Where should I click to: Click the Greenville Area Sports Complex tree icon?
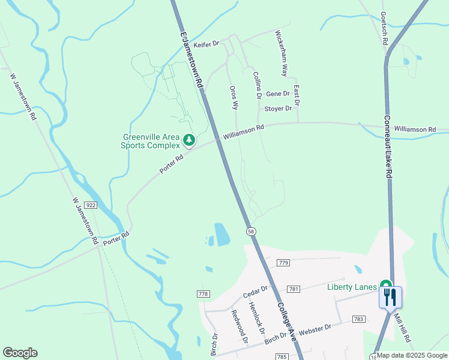189,140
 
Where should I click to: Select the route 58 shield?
250,231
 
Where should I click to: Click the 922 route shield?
91,205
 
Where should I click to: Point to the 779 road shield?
283,263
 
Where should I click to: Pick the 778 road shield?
203,293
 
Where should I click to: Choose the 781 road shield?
294,289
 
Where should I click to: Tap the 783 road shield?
358,319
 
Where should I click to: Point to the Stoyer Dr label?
278,109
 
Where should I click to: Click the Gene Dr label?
277,94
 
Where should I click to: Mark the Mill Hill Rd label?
403,329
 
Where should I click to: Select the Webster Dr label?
315,329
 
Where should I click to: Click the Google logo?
20,353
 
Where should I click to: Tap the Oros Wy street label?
234,97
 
